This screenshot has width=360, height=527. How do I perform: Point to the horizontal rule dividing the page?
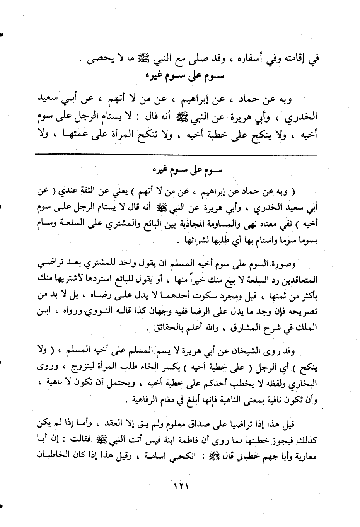(176, 155)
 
